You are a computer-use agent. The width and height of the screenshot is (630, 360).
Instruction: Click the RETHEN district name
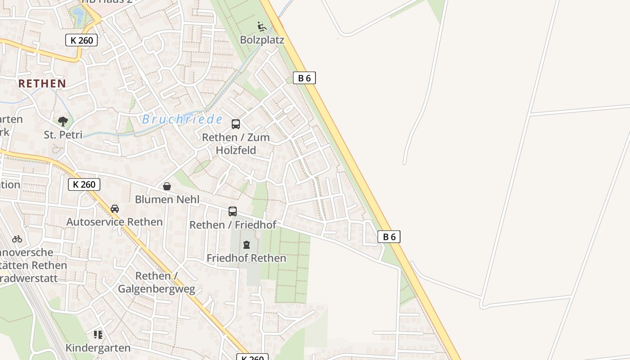coord(42,83)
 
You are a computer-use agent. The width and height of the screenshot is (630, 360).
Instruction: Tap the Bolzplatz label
coord(262,40)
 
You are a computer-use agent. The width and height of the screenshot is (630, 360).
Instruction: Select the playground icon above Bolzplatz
coord(262,27)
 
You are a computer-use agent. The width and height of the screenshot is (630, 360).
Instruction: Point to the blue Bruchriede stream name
coord(182,119)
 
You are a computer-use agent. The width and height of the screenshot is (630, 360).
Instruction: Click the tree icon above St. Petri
coord(63,121)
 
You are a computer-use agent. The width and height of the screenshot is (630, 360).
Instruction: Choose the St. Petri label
coord(63,135)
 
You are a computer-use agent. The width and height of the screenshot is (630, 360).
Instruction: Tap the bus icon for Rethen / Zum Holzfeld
coord(236,124)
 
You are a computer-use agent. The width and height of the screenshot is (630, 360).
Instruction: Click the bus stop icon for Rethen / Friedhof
coord(233,211)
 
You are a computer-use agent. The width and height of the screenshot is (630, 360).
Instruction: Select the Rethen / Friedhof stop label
coord(233,225)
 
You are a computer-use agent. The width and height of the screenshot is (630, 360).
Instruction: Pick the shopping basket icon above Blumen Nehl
coord(167,186)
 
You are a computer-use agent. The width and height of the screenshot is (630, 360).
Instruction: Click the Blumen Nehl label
coord(167,199)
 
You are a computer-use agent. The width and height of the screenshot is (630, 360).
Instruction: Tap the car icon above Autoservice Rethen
coord(115,209)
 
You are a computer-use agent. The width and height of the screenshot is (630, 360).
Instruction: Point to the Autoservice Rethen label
coord(114,222)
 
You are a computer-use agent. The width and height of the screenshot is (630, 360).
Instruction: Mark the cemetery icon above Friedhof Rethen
coord(246,245)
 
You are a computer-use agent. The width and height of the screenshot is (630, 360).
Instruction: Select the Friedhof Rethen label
coord(246,258)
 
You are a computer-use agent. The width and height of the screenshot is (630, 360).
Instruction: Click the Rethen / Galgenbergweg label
coord(157,282)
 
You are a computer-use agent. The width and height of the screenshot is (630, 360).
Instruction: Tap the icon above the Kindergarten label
coord(98,334)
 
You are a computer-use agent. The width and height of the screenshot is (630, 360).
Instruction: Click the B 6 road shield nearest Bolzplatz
coord(304,78)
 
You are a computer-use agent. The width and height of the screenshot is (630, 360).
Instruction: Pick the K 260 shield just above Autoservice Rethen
coord(84,184)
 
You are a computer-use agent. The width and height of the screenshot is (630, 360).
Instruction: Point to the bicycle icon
coord(17,239)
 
